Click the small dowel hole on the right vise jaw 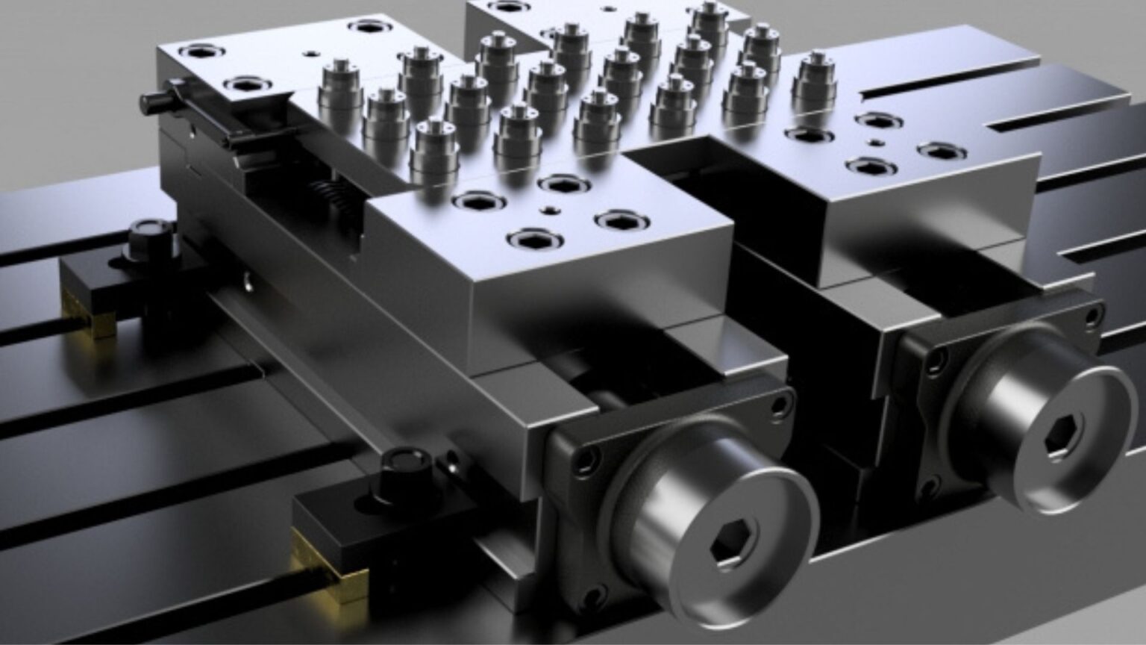pyautogui.click(x=874, y=142)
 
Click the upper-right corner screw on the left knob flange pyautogui.click(x=780, y=405)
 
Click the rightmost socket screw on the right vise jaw pyautogui.click(x=941, y=151)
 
